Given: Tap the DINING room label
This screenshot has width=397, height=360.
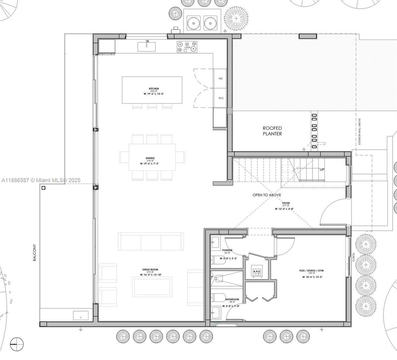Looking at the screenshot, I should pyautogui.click(x=150, y=158).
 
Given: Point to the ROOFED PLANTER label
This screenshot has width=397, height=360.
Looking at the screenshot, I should pyautogui.click(x=272, y=131).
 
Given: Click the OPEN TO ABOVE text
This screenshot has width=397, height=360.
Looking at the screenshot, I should pyautogui.click(x=267, y=195).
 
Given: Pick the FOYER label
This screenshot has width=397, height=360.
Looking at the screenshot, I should pyautogui.click(x=286, y=203).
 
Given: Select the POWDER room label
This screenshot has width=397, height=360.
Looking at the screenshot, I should pyautogui.click(x=227, y=250).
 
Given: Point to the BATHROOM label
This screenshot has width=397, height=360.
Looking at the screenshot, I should pyautogui.click(x=232, y=299).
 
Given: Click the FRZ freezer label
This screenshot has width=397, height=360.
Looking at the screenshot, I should pyautogui.click(x=221, y=78).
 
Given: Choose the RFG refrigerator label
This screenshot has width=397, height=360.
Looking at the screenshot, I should pyautogui.click(x=221, y=98).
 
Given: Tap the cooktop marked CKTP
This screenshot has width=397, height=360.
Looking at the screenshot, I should pyautogui.click(x=187, y=47).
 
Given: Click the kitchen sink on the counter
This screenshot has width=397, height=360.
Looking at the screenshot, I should pyautogui.click(x=148, y=46).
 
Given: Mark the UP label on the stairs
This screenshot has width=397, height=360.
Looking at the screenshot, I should pyautogui.click(x=321, y=169).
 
